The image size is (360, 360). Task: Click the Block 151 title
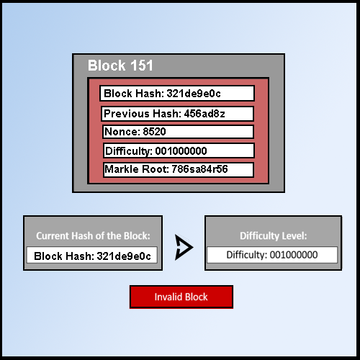[120, 66]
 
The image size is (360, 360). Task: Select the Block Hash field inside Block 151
[177, 94]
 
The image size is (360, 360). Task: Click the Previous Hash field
[177, 114]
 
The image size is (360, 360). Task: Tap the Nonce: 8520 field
[177, 132]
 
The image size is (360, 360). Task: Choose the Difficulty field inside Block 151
[177, 151]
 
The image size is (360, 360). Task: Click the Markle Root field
[177, 170]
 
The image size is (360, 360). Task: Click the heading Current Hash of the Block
[93, 235]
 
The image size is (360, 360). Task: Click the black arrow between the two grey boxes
[184, 248]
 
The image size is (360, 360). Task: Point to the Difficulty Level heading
[273, 235]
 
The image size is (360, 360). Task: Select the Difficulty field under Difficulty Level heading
[272, 255]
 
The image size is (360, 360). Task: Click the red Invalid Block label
[181, 297]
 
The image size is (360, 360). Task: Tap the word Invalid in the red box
[167, 297]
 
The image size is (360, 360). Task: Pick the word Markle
[122, 170]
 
